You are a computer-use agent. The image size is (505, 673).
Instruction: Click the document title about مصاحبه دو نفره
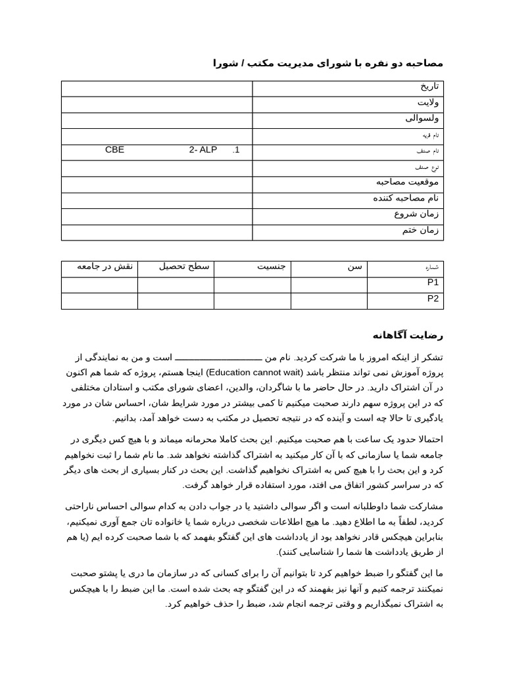click(327, 63)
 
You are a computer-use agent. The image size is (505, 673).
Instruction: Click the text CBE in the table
click(114, 150)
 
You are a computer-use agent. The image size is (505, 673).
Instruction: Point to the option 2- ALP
click(203, 150)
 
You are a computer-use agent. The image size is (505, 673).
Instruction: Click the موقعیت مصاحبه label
click(407, 182)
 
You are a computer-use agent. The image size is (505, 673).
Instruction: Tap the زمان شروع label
click(416, 214)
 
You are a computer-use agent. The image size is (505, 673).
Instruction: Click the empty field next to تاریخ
click(156, 89)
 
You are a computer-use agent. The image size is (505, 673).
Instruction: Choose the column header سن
click(354, 266)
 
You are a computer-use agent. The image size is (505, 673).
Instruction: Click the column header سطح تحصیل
click(184, 266)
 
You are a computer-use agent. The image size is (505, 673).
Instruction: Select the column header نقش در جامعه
click(105, 266)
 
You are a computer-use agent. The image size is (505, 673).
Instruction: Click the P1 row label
click(433, 283)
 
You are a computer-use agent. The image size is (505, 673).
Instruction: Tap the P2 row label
click(433, 298)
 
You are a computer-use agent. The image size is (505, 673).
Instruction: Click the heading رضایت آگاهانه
click(408, 335)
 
